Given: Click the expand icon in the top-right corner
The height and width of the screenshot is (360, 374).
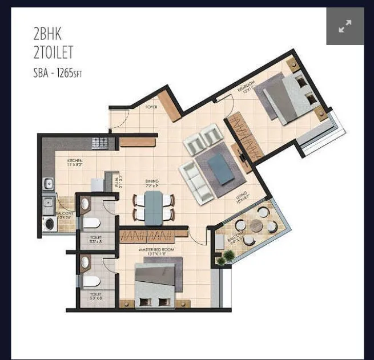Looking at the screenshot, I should pos(345,26).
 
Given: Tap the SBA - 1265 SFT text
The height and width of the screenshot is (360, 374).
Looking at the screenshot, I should pos(58,73).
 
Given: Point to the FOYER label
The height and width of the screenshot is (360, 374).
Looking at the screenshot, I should pos(151,107).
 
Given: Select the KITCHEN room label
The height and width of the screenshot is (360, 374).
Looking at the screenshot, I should pos(75,162).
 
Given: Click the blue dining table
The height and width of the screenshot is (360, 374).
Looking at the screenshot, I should pos(153,208).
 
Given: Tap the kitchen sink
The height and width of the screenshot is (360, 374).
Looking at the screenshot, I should pos(49,184).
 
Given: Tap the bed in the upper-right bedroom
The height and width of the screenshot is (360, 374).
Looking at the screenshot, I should pos(287,98).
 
